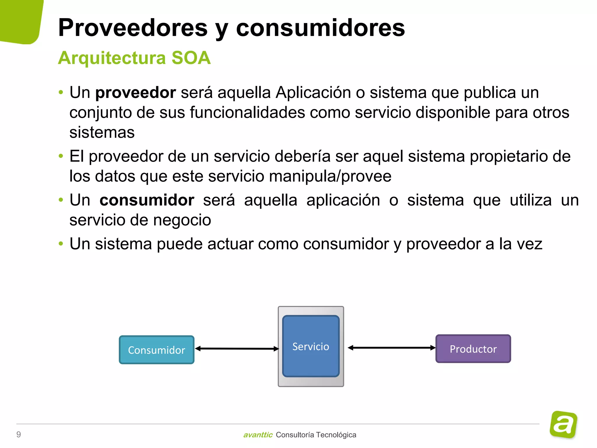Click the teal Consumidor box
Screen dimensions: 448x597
point(157,350)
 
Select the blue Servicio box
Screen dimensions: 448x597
point(311,346)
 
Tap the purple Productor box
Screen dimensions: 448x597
point(473,349)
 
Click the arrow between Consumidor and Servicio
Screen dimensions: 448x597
point(237,349)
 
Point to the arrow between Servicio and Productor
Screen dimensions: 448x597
point(391,348)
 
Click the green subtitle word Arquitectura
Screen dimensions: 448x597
point(112,58)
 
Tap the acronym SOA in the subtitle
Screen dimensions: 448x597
point(191,58)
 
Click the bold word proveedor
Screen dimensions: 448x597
point(136,93)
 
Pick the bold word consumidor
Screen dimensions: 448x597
point(147,200)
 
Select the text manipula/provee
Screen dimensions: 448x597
point(330,176)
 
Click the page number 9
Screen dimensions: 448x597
point(19,435)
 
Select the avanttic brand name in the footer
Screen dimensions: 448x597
point(258,435)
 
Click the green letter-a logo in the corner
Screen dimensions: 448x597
point(563,424)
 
